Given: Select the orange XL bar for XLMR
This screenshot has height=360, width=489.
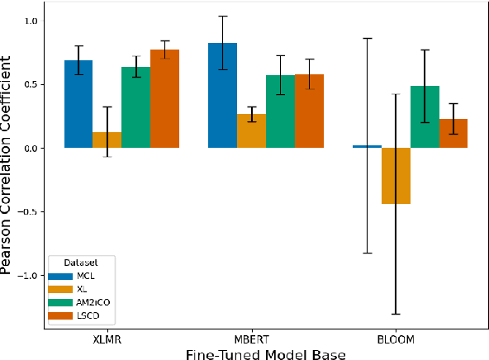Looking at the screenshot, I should (107, 140).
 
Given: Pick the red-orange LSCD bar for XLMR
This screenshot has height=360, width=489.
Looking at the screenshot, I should (164, 99).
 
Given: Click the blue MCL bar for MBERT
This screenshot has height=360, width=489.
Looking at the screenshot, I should (222, 95).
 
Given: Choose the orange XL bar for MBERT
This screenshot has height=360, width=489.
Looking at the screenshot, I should (251, 130).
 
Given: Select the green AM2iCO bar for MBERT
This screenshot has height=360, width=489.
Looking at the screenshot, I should (280, 111).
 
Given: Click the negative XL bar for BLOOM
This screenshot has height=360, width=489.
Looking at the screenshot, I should (396, 176).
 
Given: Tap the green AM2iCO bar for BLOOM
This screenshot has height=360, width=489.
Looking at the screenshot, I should (425, 116).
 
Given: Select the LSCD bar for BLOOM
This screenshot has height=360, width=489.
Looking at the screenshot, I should (453, 133).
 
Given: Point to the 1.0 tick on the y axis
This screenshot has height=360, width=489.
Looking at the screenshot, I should (38, 21).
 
